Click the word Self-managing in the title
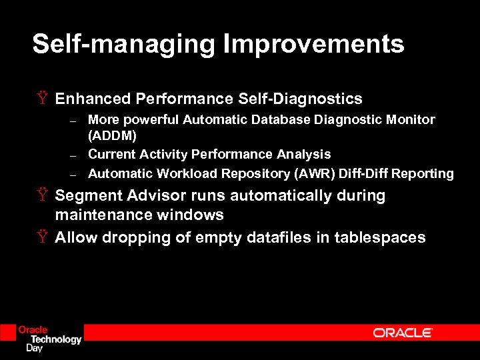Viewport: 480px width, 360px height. click(124, 45)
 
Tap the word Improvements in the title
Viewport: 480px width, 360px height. click(313, 45)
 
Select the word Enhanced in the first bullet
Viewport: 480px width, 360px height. click(93, 99)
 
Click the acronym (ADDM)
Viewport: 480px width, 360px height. click(112, 136)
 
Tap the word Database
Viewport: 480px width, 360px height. click(283, 120)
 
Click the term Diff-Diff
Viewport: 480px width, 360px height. click(364, 174)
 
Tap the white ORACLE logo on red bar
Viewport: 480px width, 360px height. click(403, 333)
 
